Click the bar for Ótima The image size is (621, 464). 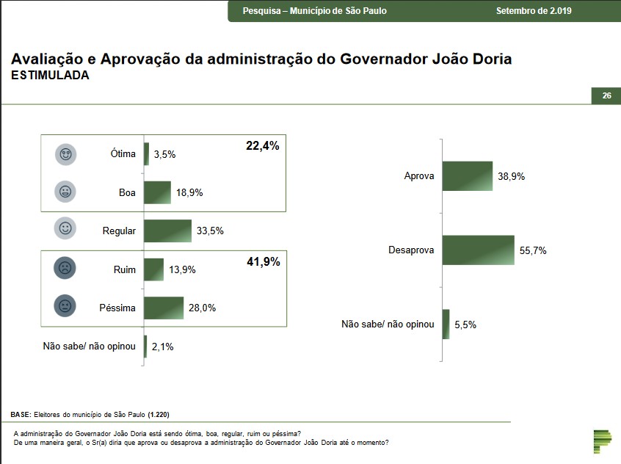147,154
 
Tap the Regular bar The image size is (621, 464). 167,231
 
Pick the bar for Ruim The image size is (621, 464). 153,269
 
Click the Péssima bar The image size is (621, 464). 164,308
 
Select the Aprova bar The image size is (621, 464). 467,176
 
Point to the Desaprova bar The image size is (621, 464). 478,250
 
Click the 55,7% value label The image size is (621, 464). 533,250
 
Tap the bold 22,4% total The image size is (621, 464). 262,146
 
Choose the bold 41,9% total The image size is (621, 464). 262,261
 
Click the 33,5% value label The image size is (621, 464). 210,231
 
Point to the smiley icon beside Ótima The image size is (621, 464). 65,154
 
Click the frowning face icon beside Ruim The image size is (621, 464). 65,269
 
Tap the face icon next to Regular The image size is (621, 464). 65,230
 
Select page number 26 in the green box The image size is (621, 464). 606,96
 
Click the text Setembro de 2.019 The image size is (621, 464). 534,11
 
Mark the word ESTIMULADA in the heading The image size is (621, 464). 50,76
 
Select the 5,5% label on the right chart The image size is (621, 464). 465,325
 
